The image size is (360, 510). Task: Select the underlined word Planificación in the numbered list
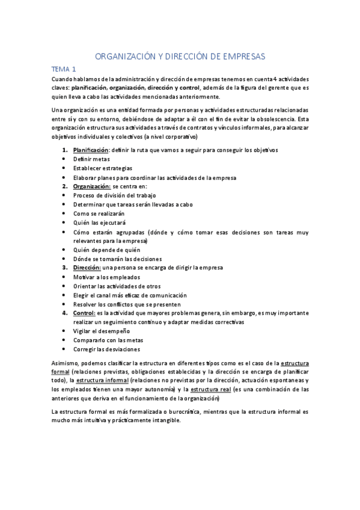90,149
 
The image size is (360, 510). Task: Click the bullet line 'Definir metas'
91,159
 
